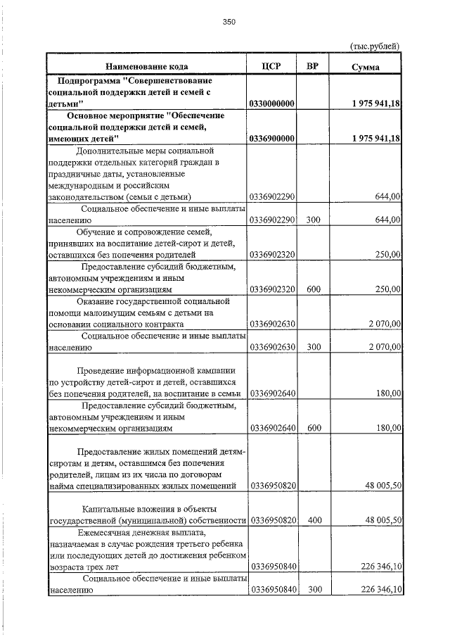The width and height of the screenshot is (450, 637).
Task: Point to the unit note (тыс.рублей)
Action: point(375,46)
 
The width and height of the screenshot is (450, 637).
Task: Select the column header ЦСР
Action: point(271,66)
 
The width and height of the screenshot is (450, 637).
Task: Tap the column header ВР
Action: point(314,66)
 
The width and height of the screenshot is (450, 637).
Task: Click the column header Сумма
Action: point(366,67)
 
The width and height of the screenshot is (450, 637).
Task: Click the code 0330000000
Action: point(272,103)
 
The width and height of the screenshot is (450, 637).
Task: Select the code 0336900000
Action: point(272,139)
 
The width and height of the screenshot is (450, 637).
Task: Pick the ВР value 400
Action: point(314,520)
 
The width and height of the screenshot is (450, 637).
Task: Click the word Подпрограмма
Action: point(88,80)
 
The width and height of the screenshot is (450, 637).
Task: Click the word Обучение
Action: point(97,231)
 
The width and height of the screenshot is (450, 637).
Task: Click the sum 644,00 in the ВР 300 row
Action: point(387,220)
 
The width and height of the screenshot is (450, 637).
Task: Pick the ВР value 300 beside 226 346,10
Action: point(314,590)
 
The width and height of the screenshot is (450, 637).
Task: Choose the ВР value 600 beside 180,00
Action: point(314,427)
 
